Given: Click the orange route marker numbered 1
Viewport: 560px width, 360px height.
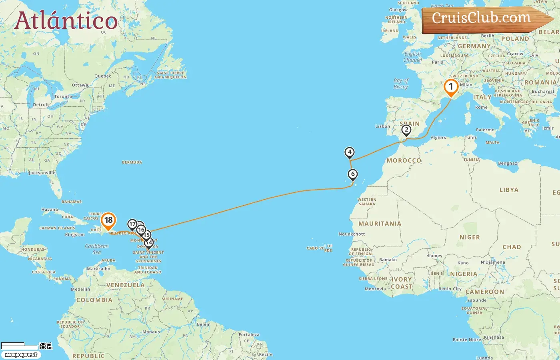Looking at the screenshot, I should click(x=451, y=87).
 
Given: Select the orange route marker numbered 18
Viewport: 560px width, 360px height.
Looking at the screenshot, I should click(x=108, y=220).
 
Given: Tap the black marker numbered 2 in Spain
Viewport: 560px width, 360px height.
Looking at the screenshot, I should click(x=406, y=130).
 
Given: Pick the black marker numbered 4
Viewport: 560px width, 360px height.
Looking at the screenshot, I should click(x=350, y=152).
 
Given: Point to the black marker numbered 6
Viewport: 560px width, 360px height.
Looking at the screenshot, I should click(x=352, y=174).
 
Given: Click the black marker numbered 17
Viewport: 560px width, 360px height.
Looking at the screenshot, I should click(x=132, y=224).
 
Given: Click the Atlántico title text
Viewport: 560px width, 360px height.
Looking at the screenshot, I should click(x=66, y=21).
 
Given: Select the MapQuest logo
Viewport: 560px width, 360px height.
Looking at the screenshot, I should click(x=21, y=355).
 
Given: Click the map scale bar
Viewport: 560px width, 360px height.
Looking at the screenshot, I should click(x=26, y=346).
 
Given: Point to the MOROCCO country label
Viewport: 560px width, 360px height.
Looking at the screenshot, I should click(x=404, y=160).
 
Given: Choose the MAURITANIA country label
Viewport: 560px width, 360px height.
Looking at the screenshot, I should click(x=380, y=224).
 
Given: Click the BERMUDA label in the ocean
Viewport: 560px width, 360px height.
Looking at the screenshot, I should click(x=132, y=162).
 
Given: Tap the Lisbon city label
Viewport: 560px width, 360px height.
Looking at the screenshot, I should click(x=382, y=126).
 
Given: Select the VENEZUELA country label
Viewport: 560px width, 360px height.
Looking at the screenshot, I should click(x=125, y=285).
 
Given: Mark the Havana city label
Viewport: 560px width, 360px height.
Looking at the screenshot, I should click(x=50, y=210).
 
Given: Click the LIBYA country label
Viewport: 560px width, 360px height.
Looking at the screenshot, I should click(x=509, y=190).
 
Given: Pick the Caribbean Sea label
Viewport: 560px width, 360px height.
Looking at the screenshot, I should click(x=97, y=249).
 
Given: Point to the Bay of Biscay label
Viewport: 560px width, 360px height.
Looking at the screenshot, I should click(x=401, y=84).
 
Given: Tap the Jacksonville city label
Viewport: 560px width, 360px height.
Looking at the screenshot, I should click(x=42, y=173).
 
